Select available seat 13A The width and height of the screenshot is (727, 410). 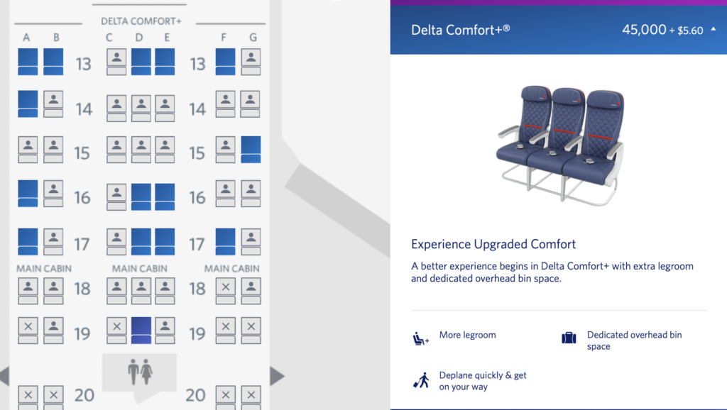[x=28, y=62]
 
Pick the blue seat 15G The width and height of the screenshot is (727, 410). [x=251, y=149]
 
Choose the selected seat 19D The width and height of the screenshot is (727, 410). [x=141, y=331]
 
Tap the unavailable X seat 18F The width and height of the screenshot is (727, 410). [x=225, y=291]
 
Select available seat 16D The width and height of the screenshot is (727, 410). [x=141, y=197]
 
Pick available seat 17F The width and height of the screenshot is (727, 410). [x=225, y=241]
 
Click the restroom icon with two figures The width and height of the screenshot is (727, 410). [x=140, y=372]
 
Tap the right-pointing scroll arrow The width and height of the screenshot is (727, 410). [x=277, y=376]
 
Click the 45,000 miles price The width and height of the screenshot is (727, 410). [x=644, y=30]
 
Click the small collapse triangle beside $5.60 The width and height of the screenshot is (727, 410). [x=713, y=29]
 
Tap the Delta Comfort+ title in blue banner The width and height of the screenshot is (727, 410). [x=460, y=30]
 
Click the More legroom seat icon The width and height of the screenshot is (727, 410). [x=420, y=338]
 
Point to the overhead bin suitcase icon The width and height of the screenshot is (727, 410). [x=569, y=338]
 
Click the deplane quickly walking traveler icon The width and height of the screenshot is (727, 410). [x=422, y=380]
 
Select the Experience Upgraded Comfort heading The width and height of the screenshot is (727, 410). [x=493, y=244]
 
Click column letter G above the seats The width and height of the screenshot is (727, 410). [x=253, y=37]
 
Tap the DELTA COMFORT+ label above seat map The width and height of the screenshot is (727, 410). [x=141, y=21]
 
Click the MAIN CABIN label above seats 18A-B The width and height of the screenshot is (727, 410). [x=44, y=269]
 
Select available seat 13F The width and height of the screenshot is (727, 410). [x=225, y=62]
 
